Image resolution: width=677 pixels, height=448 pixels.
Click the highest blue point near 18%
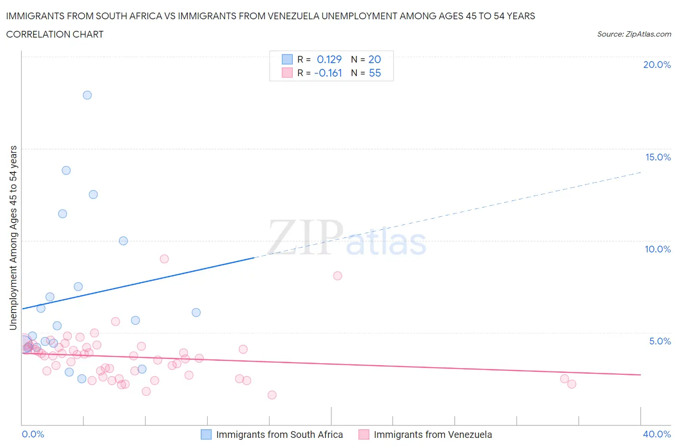87,95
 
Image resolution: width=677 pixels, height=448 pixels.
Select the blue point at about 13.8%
66,170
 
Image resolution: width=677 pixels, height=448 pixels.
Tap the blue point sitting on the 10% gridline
123,241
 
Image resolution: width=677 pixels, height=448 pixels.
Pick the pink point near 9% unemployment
164,259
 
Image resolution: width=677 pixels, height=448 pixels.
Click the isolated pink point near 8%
338,276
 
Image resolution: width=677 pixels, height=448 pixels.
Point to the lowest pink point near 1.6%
272,395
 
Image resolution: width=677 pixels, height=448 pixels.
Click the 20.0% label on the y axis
657,65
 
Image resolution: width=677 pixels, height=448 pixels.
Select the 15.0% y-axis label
658,157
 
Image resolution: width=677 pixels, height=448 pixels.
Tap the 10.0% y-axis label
658,249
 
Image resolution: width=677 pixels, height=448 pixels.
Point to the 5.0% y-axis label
660,341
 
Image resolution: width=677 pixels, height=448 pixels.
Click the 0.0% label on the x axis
33,434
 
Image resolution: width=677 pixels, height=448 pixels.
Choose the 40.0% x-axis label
657,434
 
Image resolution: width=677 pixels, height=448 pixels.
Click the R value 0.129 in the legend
329,59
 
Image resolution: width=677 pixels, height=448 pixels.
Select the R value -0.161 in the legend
328,73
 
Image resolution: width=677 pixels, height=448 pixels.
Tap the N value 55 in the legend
375,73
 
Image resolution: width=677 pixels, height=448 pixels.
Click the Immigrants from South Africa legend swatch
206,435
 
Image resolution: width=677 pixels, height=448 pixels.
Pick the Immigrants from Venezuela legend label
433,435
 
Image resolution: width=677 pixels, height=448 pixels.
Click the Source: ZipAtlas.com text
634,34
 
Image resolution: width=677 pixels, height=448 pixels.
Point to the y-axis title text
13,237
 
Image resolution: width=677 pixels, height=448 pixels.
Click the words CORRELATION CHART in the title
55,34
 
